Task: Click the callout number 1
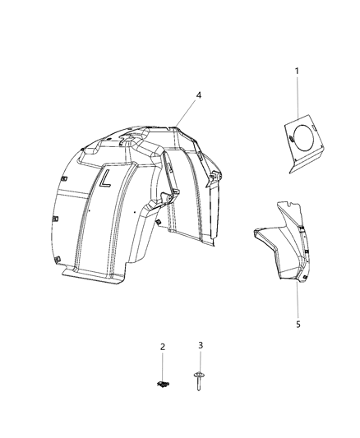[297, 71]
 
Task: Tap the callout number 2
[162, 347]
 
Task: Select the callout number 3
[200, 347]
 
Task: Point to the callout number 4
[197, 95]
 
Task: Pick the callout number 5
[298, 324]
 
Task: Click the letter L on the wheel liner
[106, 179]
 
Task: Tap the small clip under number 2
[163, 383]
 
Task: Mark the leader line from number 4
[187, 112]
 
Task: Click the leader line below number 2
[162, 366]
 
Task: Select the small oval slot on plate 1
[292, 145]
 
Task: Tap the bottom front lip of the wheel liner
[95, 279]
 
